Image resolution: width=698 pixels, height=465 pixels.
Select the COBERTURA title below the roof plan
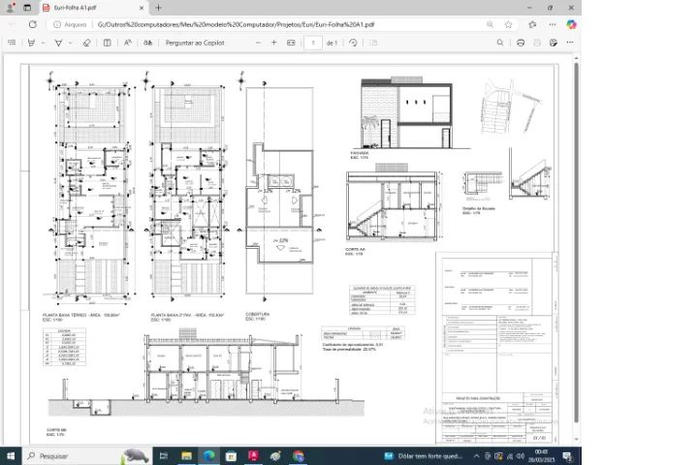(x=257, y=316)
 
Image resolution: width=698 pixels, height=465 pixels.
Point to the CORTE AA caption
(x=355, y=250)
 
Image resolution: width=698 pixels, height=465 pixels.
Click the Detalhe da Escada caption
(x=479, y=207)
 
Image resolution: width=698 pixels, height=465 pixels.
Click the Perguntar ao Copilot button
(x=195, y=43)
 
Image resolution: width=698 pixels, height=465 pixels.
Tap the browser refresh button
(x=32, y=23)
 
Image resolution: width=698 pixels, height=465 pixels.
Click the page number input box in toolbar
(x=312, y=43)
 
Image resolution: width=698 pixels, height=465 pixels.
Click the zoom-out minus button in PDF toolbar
(x=258, y=43)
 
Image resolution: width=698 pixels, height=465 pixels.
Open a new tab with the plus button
(x=158, y=7)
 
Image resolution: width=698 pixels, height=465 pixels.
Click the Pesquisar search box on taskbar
(x=68, y=455)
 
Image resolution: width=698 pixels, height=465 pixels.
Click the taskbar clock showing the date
(x=540, y=455)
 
